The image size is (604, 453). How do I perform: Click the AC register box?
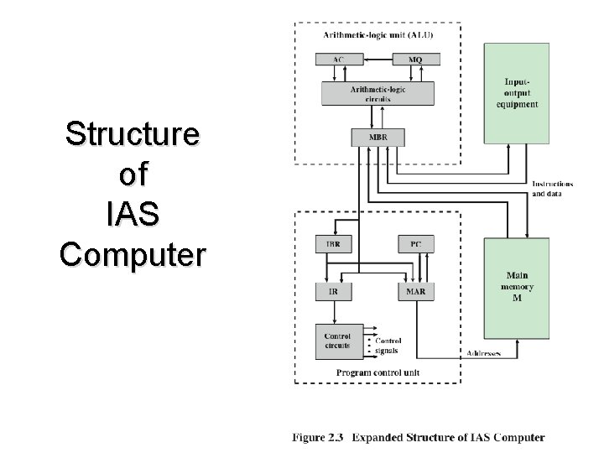tap(338, 60)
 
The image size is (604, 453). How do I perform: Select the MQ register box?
tap(415, 60)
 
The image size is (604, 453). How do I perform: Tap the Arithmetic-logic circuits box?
tap(377, 93)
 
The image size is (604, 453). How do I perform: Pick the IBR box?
tap(333, 244)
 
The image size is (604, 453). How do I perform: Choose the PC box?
tap(416, 244)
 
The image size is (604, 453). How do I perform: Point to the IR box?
tap(333, 291)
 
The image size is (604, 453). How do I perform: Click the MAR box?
tap(416, 291)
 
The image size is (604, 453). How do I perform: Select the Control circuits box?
tap(338, 341)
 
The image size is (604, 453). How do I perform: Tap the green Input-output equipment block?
tap(516, 93)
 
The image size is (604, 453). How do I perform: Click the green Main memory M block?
tap(516, 287)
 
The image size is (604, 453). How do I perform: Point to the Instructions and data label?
tap(552, 189)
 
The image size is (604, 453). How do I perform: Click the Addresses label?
tap(483, 354)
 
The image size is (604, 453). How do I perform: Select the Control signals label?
tap(388, 346)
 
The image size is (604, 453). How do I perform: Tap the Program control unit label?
tap(377, 372)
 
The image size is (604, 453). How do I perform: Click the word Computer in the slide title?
tap(133, 254)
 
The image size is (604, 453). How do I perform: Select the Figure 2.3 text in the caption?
tap(319, 438)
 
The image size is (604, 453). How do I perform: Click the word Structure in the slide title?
tap(133, 134)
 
